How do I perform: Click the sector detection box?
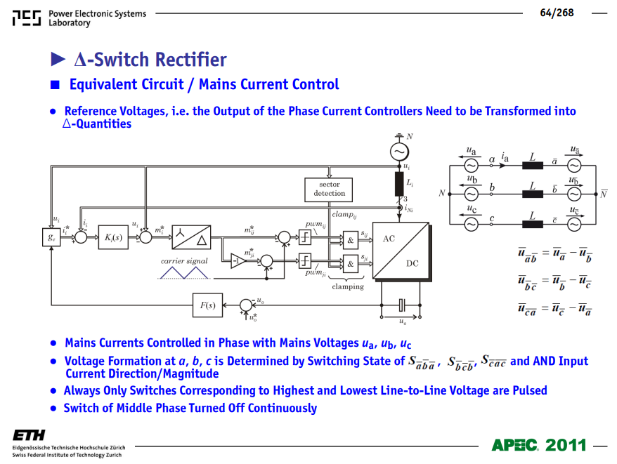coord(329,190)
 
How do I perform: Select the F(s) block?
coord(207,305)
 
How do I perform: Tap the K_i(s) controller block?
coord(113,237)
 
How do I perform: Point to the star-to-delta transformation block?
coord(191,237)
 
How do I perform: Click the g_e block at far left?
coord(51,237)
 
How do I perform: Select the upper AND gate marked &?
coord(351,240)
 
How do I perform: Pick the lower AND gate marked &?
coord(351,264)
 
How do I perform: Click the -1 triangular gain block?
coord(238,260)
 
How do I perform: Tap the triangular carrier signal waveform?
coord(184,272)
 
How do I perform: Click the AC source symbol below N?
coord(399,152)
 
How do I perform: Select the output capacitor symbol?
coord(401,305)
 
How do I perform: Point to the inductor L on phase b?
coord(533,194)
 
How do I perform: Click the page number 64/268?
coord(557,13)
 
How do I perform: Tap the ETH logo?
coord(29,435)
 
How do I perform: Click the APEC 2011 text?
coord(539,445)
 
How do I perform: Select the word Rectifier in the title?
coord(191,60)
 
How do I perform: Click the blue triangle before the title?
coord(58,60)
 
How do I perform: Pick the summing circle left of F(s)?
coord(246,305)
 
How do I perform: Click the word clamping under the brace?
coord(348,286)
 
